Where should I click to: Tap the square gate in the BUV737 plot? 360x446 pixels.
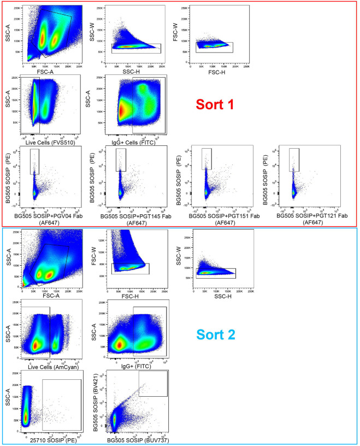(x=153, y=384)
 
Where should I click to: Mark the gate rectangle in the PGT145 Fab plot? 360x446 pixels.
(x=121, y=159)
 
